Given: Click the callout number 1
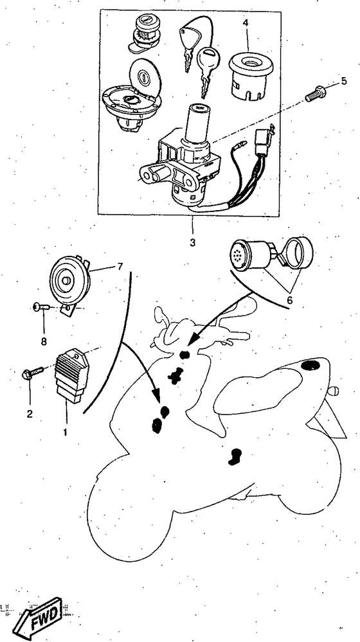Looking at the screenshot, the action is [66, 432].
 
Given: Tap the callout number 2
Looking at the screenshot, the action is [30, 413].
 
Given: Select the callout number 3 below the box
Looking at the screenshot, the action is [192, 242].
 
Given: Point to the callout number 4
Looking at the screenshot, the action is [246, 23].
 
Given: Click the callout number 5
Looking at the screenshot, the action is [344, 81].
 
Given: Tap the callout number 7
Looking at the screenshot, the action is [120, 267].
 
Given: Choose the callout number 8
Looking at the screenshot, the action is [44, 341].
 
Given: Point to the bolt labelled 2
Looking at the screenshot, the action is [32, 372].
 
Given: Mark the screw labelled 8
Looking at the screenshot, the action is [41, 307].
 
